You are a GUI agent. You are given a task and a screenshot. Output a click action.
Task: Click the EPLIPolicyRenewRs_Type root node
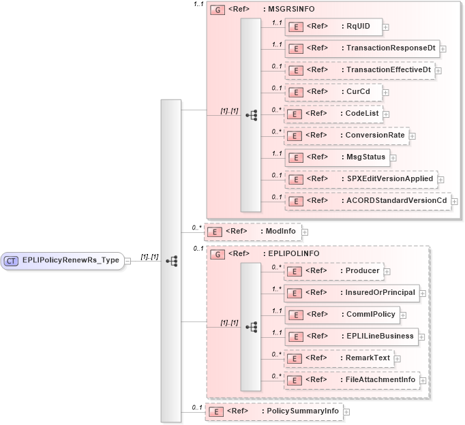[x=63, y=260]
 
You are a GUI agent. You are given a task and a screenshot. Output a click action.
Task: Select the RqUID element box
[x=333, y=27]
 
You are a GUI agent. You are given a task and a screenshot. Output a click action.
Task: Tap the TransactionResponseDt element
[x=362, y=48]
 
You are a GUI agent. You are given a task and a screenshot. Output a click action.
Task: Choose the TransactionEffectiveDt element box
[x=359, y=70]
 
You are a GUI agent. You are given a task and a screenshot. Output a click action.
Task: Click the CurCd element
[x=333, y=92]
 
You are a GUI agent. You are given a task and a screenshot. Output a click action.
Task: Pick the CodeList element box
[x=332, y=114]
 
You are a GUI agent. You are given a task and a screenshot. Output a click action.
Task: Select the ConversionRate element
[x=346, y=136]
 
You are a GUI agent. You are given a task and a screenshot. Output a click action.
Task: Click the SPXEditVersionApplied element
[x=360, y=179]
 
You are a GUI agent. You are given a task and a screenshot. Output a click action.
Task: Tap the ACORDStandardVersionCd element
[x=367, y=201]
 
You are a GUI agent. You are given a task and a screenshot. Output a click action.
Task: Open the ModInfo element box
[x=252, y=232]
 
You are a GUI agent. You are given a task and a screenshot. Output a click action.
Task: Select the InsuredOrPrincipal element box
[x=350, y=293]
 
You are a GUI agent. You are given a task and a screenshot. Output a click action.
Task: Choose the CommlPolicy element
[x=340, y=315]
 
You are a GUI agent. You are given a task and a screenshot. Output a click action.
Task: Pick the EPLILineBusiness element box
[x=350, y=336]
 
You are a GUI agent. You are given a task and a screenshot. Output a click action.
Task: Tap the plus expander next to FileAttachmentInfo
[x=423, y=380]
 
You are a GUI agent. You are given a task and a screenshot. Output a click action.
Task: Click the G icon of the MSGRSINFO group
[x=217, y=10]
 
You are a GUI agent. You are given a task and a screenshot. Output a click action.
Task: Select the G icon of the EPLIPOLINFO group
[x=217, y=254]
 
